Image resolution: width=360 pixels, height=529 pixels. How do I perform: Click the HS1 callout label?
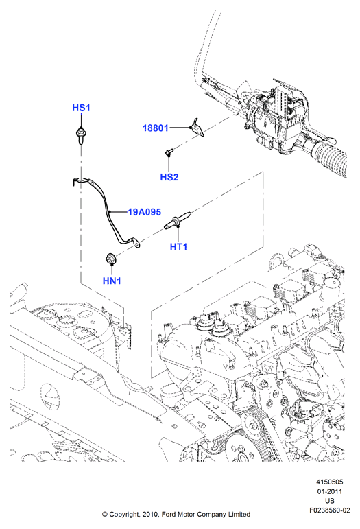point(81,108)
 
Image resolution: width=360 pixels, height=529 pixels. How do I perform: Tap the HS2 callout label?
point(169,177)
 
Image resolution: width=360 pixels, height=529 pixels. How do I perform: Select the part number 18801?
point(156,128)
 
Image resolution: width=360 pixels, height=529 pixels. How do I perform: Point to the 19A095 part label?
point(144,212)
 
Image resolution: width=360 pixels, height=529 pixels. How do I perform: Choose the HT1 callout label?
point(178,246)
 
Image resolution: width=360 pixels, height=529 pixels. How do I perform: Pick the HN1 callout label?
point(112,281)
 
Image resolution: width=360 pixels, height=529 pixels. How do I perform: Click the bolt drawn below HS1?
point(80,135)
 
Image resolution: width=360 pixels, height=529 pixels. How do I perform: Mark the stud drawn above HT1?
point(178,220)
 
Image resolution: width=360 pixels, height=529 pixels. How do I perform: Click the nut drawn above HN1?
point(110,259)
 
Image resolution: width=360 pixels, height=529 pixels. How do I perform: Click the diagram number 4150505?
point(329,482)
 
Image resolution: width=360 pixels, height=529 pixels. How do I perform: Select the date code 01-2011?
point(329,491)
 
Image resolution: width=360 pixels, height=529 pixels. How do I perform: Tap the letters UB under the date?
point(330,501)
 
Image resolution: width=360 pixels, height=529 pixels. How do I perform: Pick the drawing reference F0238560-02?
point(330,510)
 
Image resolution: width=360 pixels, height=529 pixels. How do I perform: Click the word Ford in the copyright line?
point(169,514)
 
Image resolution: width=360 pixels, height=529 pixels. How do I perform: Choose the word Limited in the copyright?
point(238,514)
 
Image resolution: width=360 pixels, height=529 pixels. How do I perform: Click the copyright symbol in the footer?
point(105,515)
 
